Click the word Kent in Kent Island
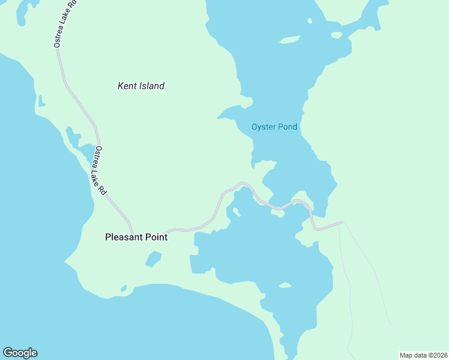pyautogui.click(x=127, y=86)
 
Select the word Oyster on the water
pyautogui.click(x=264, y=127)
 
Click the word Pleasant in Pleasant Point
pyautogui.click(x=124, y=237)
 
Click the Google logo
pyautogui.click(x=20, y=353)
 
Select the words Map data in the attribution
pyautogui.click(x=412, y=355)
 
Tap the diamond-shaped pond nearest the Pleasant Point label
pyautogui.click(x=154, y=259)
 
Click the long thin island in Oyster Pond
pyautogui.click(x=290, y=40)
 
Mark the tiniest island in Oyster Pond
pyautogui.click(x=310, y=21)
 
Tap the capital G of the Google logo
pyautogui.click(x=8, y=353)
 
